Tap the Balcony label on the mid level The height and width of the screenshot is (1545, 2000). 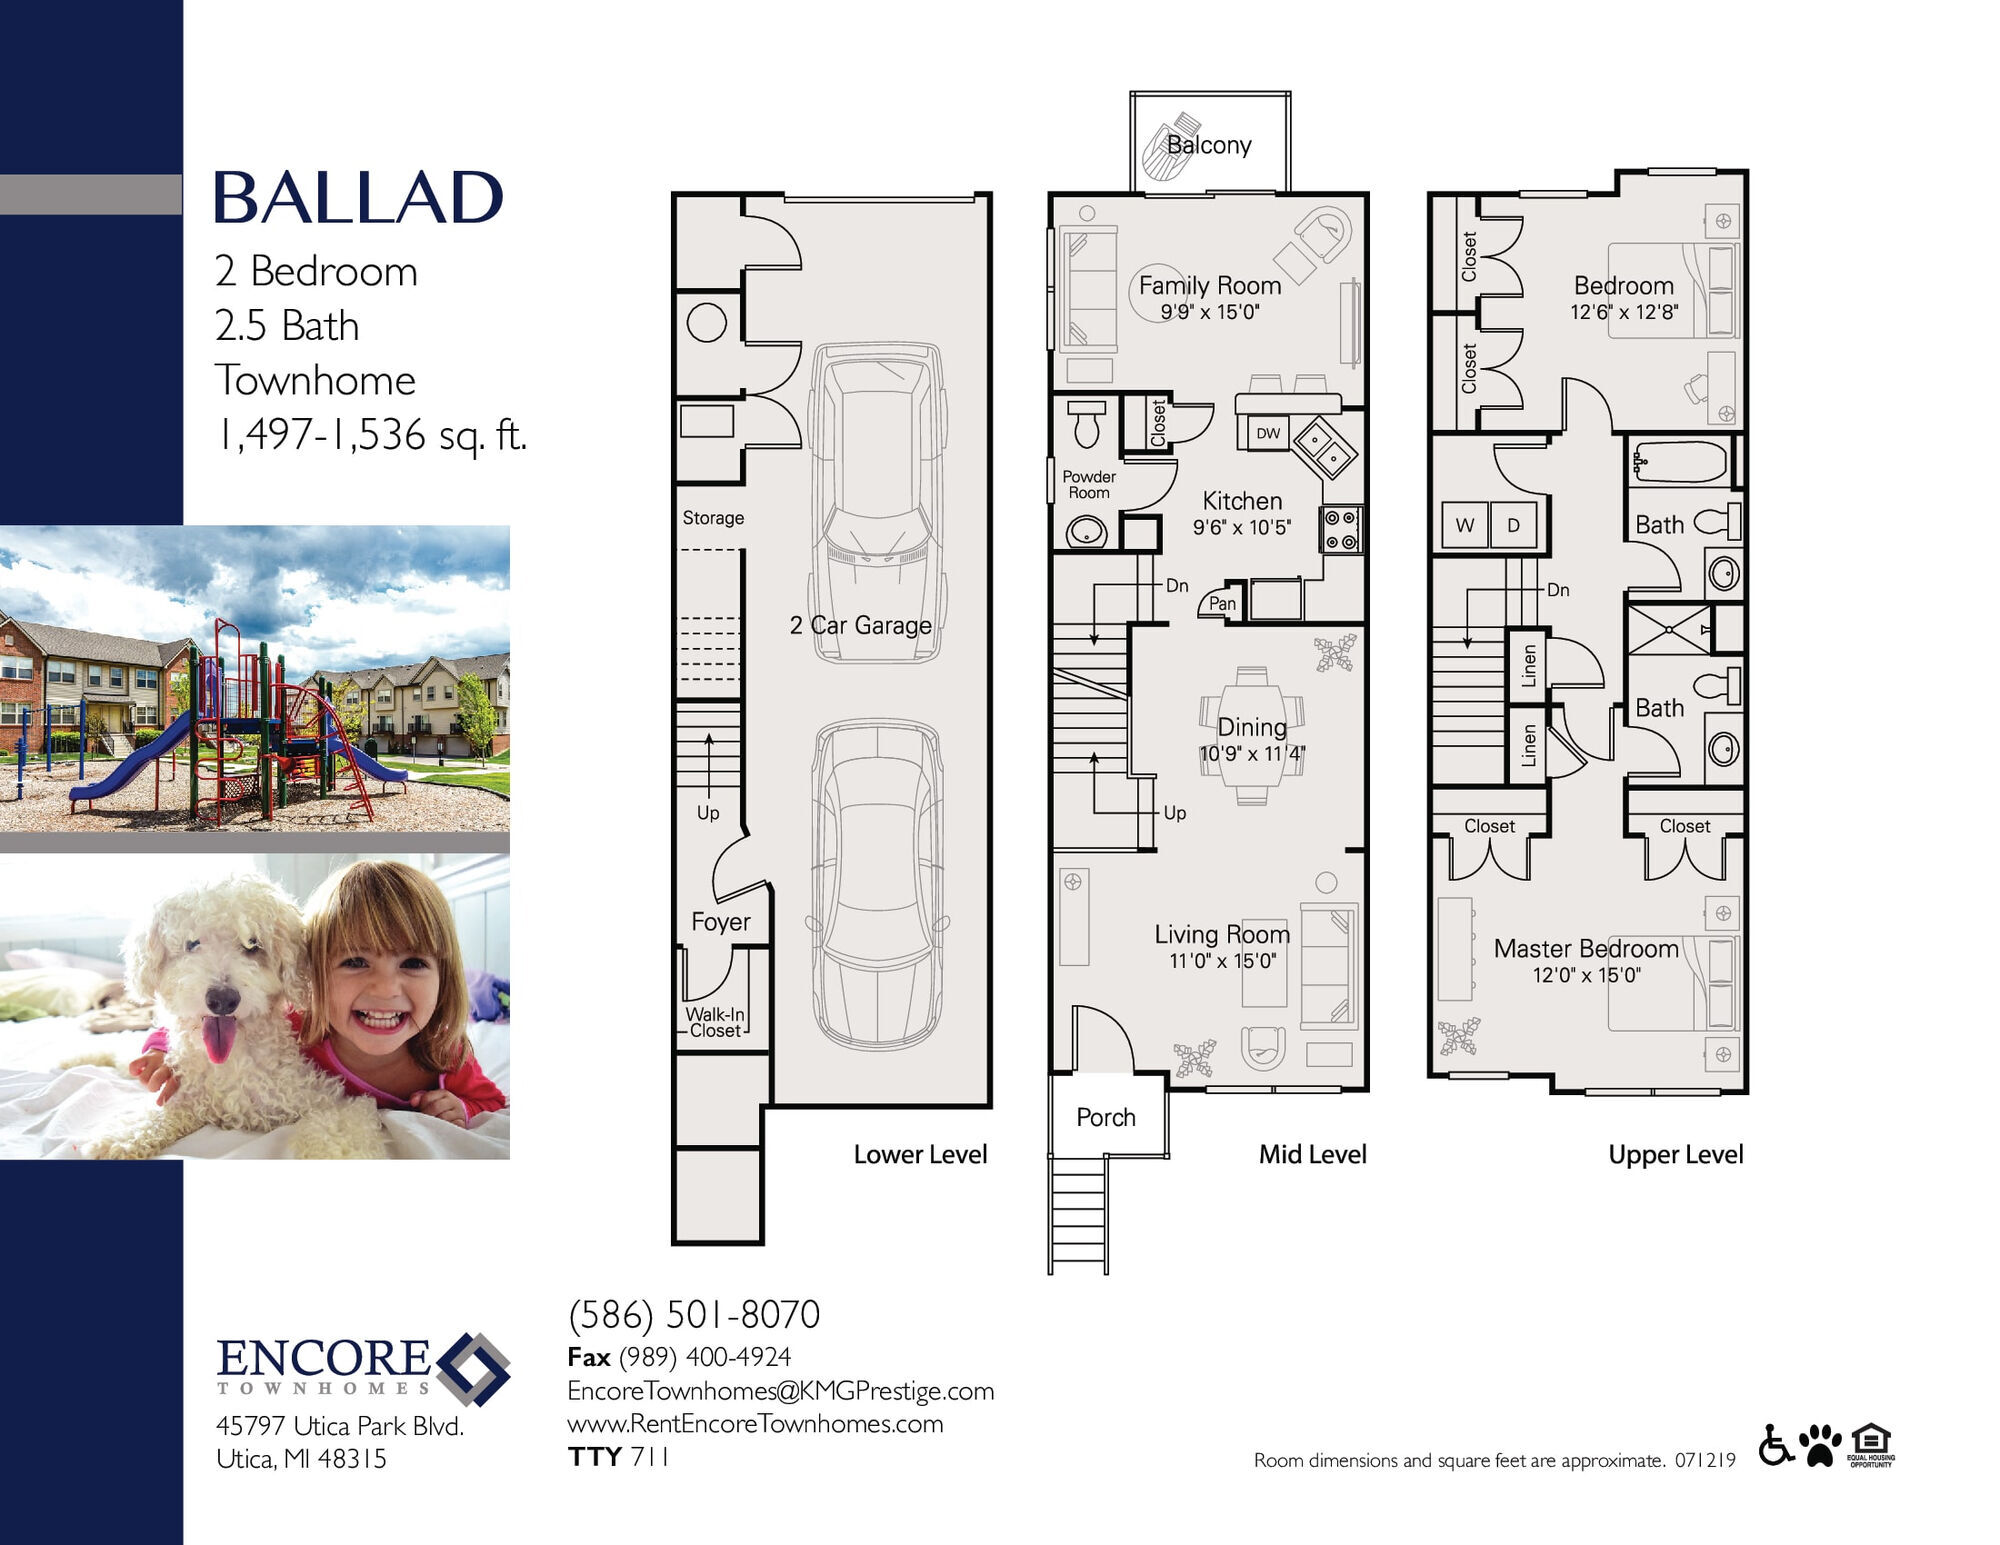coord(1209,145)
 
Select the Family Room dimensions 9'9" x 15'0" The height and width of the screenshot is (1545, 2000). coord(1210,312)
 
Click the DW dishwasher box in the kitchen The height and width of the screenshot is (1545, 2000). coord(1268,433)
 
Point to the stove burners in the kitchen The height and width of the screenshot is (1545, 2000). coord(1341,529)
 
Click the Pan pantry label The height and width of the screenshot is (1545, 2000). coord(1222,603)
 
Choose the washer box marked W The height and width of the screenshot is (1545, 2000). coord(1465,525)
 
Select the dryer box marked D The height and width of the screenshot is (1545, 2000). coord(1514,525)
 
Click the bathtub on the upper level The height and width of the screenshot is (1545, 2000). coord(1681,463)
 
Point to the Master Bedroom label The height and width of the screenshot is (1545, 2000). coord(1586,948)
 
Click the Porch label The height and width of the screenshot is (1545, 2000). coord(1106,1117)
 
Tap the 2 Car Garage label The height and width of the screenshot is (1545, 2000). coord(860,625)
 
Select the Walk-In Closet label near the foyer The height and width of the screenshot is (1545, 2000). coord(715,1022)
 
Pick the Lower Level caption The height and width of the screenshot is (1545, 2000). coord(920,1154)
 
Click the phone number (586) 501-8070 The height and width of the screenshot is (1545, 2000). coord(694,1315)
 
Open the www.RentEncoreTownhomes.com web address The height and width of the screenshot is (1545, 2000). coord(755,1424)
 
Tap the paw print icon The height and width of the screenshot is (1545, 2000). coord(1820,1445)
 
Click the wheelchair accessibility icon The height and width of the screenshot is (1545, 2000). coord(1776,1445)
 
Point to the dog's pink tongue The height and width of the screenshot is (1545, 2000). coord(219,1038)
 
